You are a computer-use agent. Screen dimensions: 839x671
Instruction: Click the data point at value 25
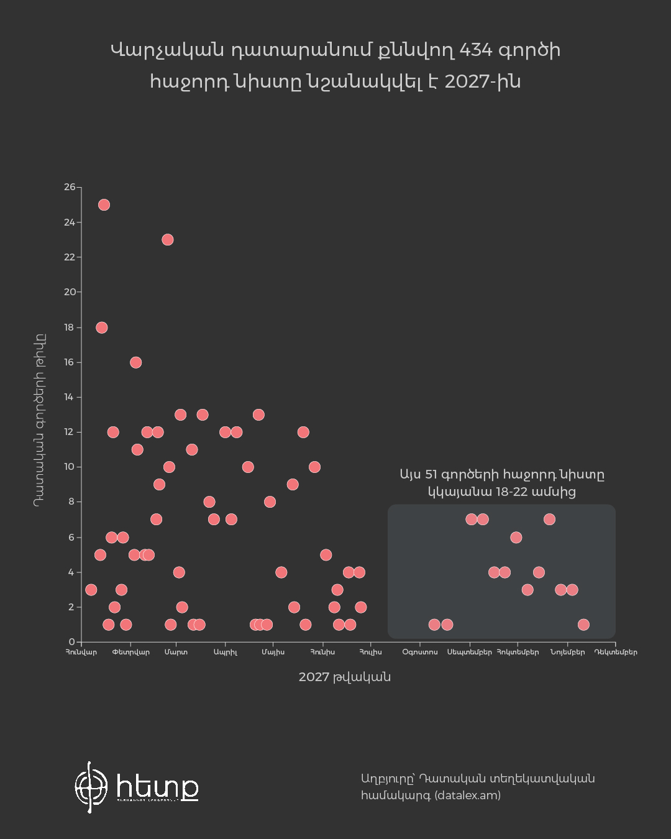(x=104, y=204)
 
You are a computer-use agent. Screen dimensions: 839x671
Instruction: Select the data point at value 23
(x=167, y=239)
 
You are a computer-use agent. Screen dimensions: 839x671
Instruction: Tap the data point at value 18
(x=101, y=328)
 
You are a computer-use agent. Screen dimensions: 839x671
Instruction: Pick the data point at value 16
(x=135, y=362)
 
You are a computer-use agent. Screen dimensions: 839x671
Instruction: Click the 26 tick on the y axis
(x=70, y=187)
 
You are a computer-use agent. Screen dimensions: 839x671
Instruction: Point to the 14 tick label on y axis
(x=70, y=397)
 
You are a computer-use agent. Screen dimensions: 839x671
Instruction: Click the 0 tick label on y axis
(x=72, y=642)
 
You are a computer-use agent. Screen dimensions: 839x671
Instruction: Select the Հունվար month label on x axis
(x=81, y=652)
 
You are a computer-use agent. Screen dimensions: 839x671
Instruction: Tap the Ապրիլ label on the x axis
(x=226, y=652)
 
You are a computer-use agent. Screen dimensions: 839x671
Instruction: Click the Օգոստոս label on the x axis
(x=420, y=652)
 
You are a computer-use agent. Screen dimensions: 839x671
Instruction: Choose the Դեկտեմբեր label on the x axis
(x=616, y=652)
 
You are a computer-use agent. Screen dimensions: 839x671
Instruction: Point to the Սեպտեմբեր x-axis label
(x=470, y=652)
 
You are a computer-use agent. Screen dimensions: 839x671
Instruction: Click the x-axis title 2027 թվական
(x=344, y=677)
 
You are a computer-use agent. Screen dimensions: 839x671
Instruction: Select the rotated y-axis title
(x=39, y=421)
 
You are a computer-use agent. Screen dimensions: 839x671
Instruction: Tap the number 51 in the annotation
(x=431, y=474)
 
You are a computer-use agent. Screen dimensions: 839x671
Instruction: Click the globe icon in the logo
(x=91, y=787)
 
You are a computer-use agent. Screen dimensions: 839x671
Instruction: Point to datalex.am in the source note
(x=467, y=795)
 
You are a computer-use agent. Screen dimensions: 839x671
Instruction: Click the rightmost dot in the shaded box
(x=583, y=625)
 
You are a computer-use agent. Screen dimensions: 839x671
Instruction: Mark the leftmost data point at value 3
(x=91, y=590)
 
